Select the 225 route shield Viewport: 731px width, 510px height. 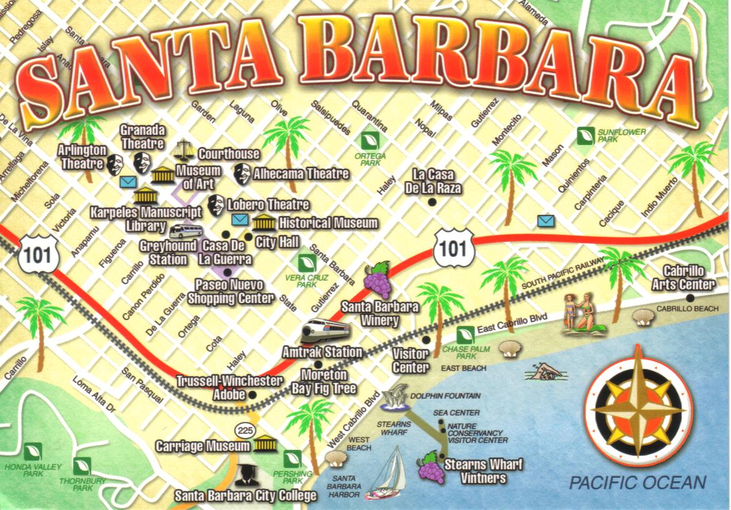(x=244, y=431)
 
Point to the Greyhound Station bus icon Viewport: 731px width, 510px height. (x=186, y=231)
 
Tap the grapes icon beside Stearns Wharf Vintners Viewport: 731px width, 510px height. (x=430, y=467)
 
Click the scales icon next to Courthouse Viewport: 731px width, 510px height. (x=184, y=150)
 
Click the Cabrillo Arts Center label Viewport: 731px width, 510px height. (x=683, y=278)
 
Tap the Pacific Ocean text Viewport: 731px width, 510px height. (x=637, y=482)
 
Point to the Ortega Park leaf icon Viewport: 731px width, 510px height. (x=370, y=140)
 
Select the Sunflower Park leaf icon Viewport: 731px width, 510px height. (x=585, y=136)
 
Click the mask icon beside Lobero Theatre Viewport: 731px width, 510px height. (x=216, y=204)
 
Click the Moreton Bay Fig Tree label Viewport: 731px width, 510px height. (x=324, y=381)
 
